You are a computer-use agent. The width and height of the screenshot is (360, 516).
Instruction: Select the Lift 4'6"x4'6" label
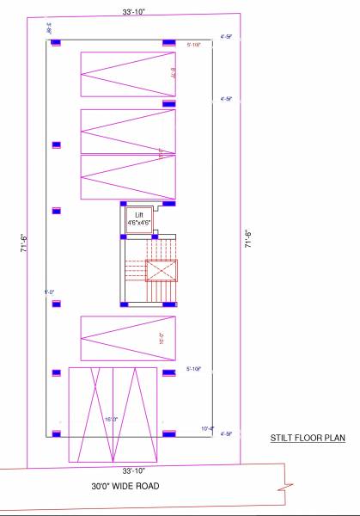139,218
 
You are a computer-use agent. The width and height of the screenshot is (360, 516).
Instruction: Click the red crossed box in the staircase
162,271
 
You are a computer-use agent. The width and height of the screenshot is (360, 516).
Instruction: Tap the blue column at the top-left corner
57,41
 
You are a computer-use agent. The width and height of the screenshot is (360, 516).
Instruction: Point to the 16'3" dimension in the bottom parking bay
110,420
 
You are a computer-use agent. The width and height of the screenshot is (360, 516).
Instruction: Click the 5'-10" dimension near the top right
194,44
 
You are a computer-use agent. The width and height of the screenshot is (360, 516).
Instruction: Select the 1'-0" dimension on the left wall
50,292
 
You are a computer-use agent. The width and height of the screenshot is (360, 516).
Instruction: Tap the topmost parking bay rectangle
127,75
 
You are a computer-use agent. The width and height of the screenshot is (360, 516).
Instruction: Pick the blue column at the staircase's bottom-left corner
124,304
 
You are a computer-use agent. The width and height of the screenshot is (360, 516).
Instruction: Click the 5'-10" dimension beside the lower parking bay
194,369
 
